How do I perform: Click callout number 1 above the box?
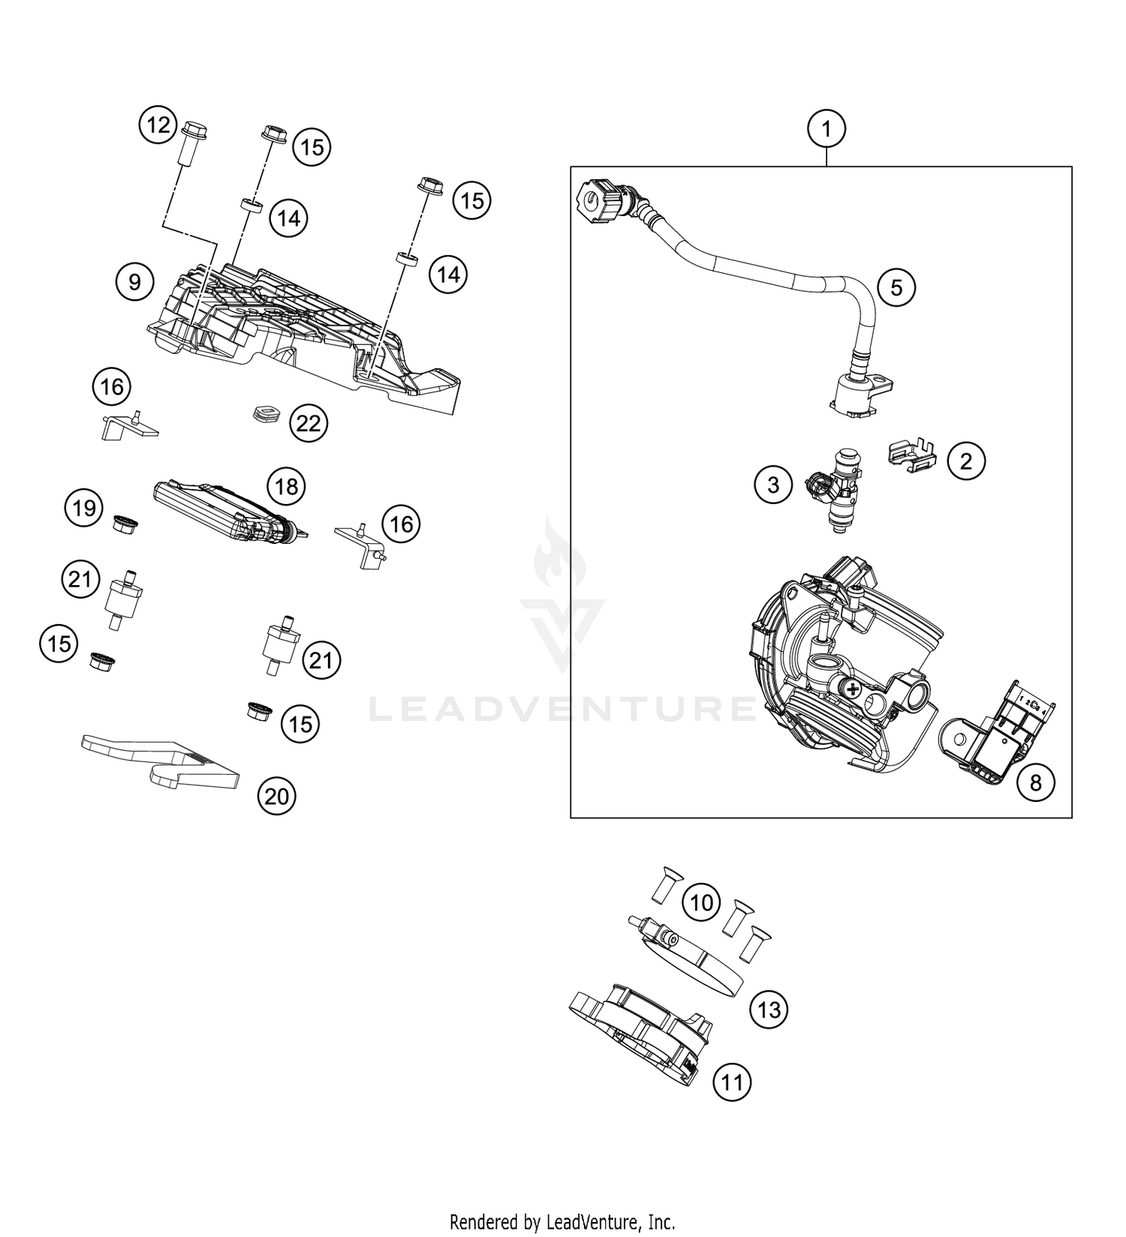pos(826,129)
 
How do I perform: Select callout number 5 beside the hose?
pos(896,287)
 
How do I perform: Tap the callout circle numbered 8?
pos(1036,783)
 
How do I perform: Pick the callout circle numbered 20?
pos(277,796)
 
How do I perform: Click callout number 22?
pos(309,424)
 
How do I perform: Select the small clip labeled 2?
pos(911,456)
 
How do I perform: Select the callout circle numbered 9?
pos(134,282)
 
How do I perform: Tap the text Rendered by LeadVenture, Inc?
pos(562,1222)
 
